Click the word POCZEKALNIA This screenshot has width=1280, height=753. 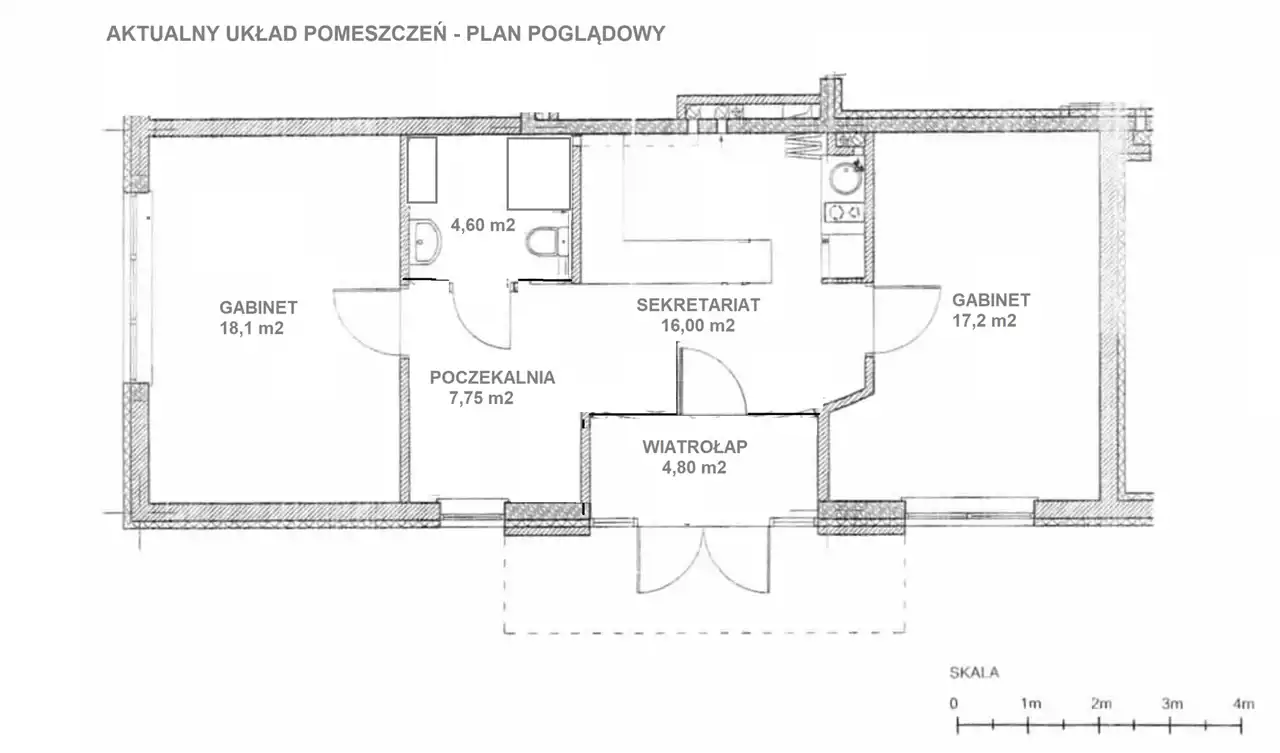pos(493,378)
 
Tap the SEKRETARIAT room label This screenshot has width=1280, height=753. pos(698,305)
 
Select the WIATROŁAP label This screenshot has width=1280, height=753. pos(695,447)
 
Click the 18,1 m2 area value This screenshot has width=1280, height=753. pos(251,329)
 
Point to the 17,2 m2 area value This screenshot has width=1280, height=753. pos(984,321)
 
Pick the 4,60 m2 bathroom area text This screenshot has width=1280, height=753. pos(483,225)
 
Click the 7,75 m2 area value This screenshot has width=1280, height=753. pos(481,398)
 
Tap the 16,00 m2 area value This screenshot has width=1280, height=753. pos(698,326)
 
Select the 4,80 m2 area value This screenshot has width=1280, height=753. pos(694,468)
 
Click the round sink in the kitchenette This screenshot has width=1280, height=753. pos(845,178)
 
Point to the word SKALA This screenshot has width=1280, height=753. pos(974,673)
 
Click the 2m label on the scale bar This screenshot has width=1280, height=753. pos(1101,704)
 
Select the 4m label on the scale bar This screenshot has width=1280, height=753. pos(1243,704)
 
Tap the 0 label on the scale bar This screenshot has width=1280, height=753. pos(954,704)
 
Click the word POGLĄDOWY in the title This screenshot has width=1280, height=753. pos(597,34)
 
